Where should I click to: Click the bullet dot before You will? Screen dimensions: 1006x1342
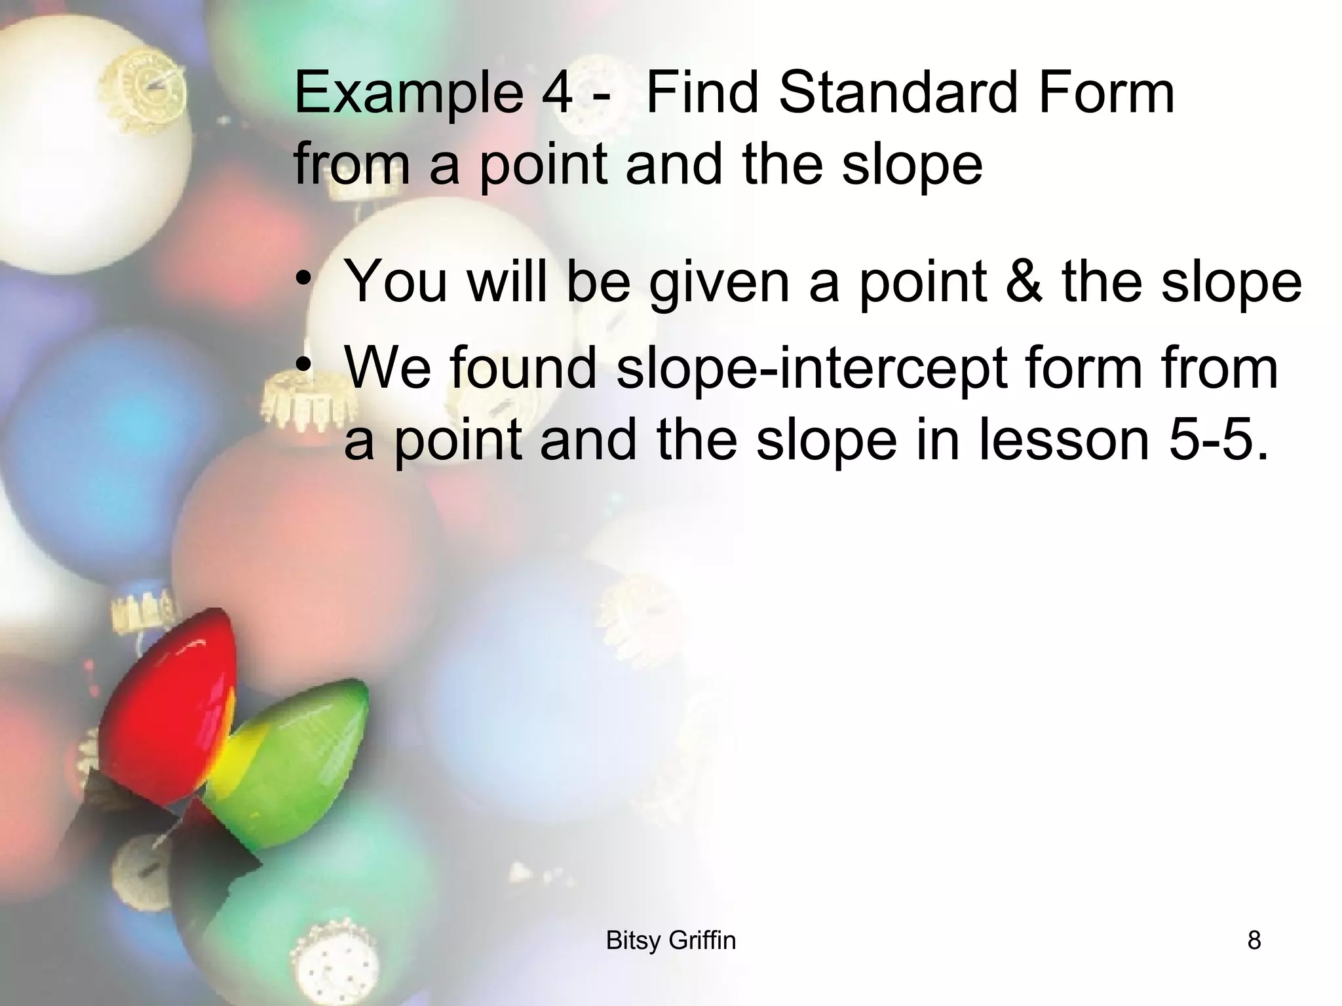[303, 278]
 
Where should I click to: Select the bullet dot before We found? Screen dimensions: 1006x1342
[303, 364]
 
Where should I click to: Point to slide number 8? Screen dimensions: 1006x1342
[1254, 941]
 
